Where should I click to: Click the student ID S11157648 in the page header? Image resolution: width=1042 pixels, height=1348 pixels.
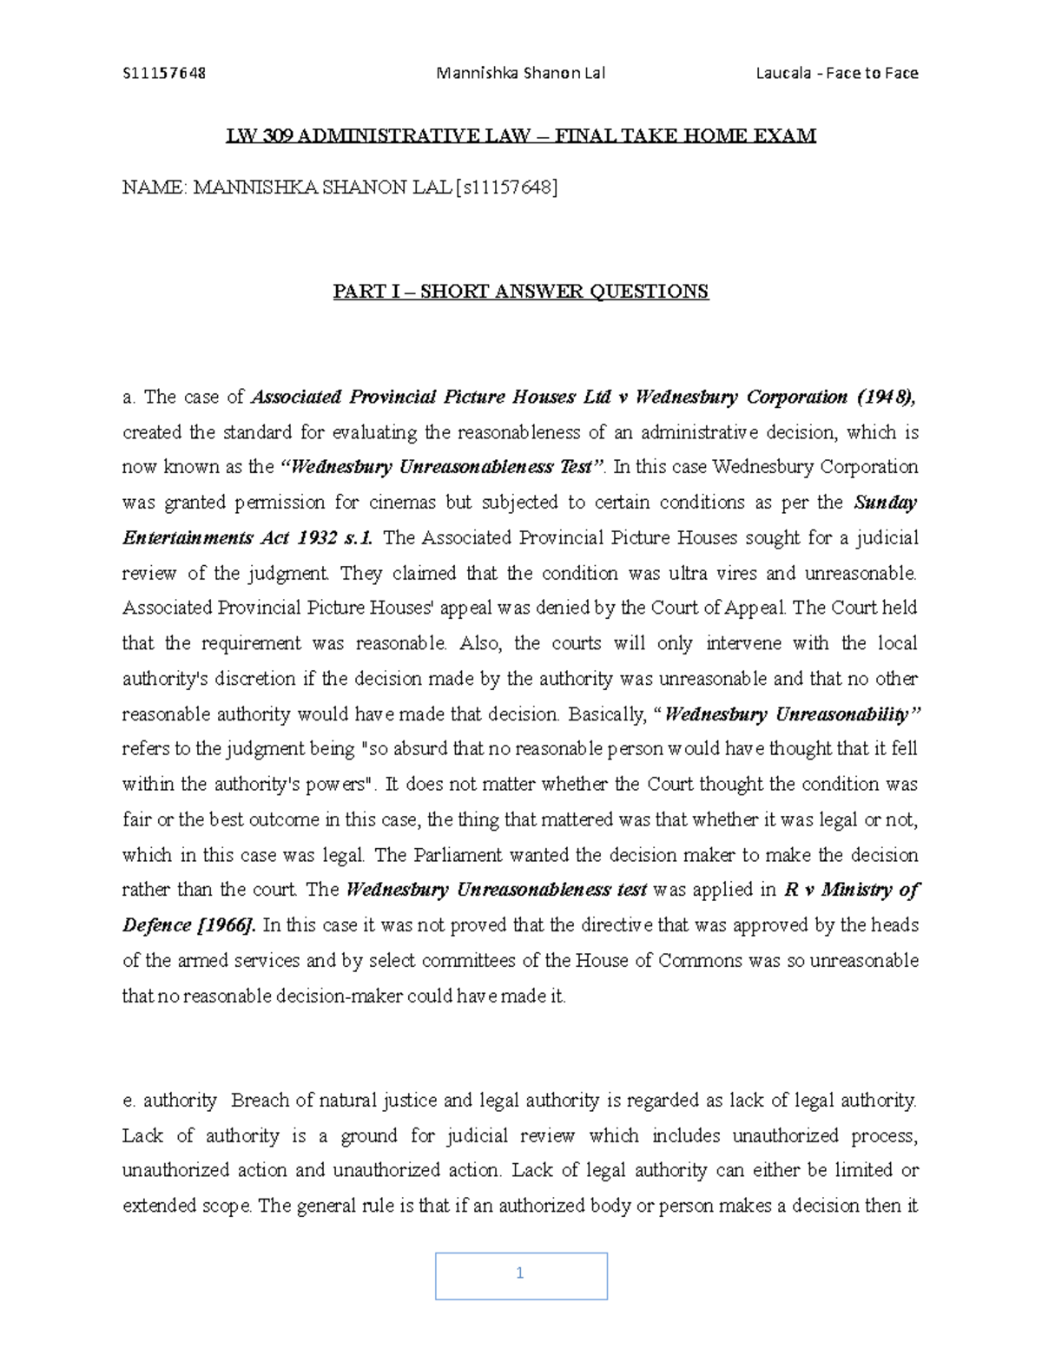pyautogui.click(x=164, y=73)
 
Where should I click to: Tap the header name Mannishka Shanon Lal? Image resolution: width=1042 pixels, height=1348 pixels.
pyautogui.click(x=520, y=73)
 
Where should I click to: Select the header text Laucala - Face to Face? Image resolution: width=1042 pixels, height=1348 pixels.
pyautogui.click(x=836, y=73)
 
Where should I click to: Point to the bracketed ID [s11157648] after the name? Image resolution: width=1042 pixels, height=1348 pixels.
pyautogui.click(x=505, y=187)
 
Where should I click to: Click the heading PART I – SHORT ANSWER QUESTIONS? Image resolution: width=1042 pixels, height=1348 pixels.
pyautogui.click(x=521, y=292)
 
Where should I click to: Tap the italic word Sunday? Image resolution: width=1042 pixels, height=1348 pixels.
pyautogui.click(x=887, y=503)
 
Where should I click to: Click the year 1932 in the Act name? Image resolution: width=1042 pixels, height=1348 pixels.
pyautogui.click(x=311, y=538)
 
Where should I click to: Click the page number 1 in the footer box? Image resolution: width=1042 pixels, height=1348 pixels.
pyautogui.click(x=520, y=1274)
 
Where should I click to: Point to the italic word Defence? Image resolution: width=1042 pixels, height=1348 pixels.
pyautogui.click(x=157, y=925)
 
